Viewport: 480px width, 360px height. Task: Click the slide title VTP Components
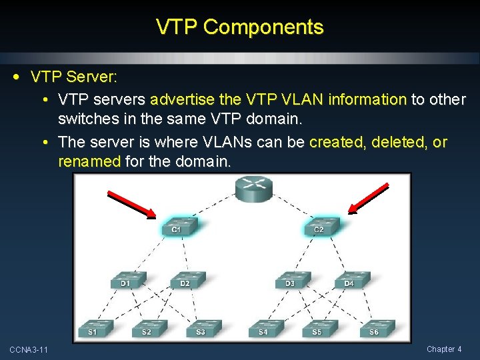coord(239,27)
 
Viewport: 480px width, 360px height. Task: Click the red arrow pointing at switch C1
coord(131,204)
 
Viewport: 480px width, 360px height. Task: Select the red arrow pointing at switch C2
coord(369,199)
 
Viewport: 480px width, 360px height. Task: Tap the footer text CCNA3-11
coord(28,350)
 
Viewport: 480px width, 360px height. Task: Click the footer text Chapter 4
coord(444,349)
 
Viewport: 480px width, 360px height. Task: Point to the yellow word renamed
coord(87,161)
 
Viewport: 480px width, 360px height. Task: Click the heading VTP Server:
coord(74,77)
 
